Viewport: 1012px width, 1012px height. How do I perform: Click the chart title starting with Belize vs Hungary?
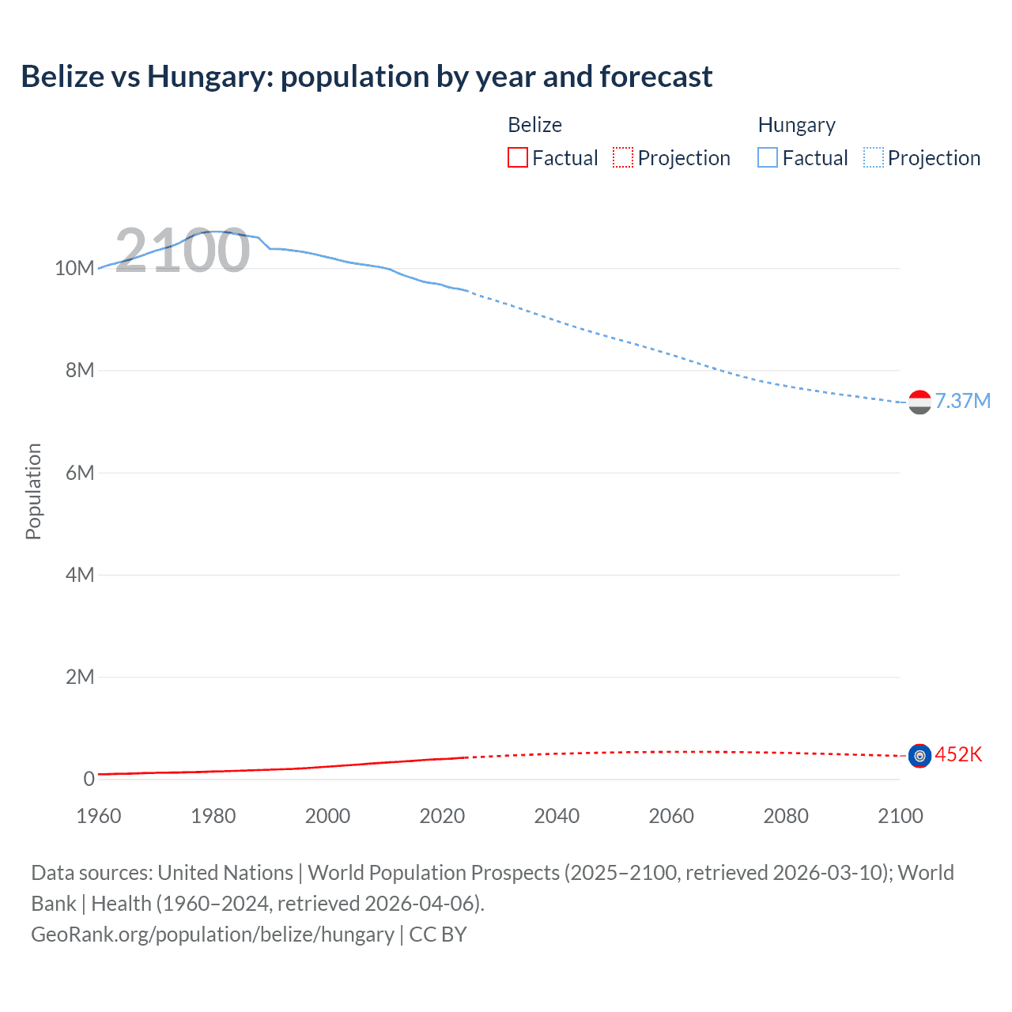point(366,77)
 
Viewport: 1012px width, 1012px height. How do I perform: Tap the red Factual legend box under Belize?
point(517,158)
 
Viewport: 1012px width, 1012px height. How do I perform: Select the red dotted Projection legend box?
point(622,158)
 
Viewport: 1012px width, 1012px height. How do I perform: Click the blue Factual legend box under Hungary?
point(767,158)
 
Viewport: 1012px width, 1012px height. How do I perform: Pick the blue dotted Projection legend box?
point(873,158)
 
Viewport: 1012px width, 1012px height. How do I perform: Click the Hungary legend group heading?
point(796,125)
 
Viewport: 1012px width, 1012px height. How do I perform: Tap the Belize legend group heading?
point(534,125)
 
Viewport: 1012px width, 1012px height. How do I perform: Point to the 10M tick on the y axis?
point(74,269)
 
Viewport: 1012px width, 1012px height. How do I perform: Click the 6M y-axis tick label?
point(80,473)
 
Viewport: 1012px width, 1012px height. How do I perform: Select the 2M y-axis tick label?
point(80,677)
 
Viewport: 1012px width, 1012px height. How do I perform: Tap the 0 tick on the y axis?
point(89,779)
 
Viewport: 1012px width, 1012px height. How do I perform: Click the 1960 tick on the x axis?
point(99,816)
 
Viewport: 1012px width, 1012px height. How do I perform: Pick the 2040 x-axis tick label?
point(557,816)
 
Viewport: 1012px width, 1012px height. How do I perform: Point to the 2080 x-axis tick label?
point(786,816)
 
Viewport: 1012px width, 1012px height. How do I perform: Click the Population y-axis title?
point(33,491)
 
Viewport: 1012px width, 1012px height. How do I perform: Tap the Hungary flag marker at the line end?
point(919,402)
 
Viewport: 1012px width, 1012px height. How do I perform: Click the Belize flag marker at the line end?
point(919,757)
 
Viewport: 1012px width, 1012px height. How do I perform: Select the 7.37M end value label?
point(962,402)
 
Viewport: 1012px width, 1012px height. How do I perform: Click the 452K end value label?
point(958,755)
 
